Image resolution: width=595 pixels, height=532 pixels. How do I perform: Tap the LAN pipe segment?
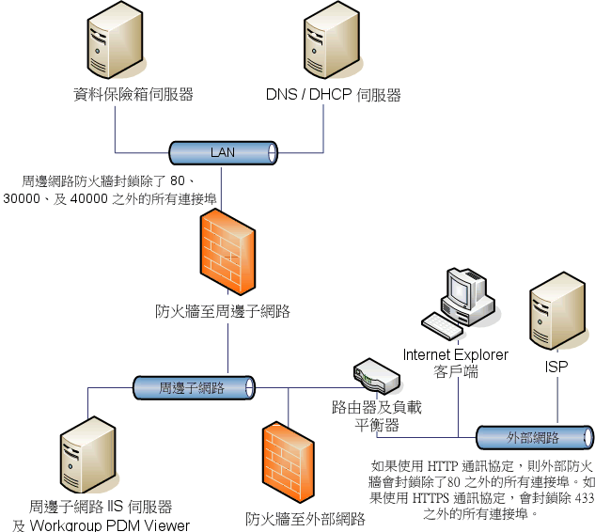coord(224,152)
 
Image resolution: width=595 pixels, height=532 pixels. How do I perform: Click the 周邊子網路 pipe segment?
coord(193,387)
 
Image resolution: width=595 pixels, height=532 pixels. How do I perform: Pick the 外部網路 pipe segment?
coord(534,438)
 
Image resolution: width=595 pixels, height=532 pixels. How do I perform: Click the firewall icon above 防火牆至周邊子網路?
coord(227,253)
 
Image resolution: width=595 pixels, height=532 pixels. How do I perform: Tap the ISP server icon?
coord(557,316)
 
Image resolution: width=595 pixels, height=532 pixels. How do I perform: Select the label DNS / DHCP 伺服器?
coord(334,95)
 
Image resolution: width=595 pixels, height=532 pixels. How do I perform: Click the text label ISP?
coord(556,367)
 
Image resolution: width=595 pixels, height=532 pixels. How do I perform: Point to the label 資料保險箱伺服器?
coord(133,95)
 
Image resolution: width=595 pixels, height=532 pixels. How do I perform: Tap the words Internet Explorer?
coord(456,354)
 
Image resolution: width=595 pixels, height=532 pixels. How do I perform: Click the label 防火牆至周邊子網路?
coord(223,311)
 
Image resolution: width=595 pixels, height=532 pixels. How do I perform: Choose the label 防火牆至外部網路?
coord(305,518)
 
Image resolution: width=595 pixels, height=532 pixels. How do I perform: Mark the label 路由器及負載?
coord(377,408)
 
